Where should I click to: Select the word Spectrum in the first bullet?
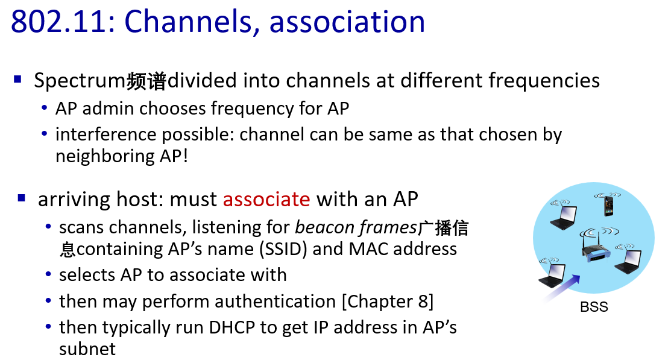point(80,81)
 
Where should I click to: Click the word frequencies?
point(544,80)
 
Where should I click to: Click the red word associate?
point(266,200)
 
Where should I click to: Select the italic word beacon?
point(324,227)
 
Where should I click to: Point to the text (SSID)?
point(283,249)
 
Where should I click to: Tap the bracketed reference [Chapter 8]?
point(388,302)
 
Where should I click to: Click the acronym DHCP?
point(232,327)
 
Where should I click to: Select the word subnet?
point(87,349)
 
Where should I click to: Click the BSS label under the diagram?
point(594,307)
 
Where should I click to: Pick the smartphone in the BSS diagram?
point(608,204)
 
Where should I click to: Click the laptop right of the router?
point(628,259)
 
